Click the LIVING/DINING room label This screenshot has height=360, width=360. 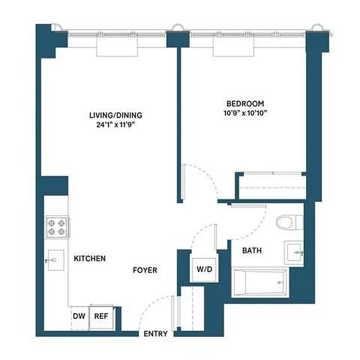tap(116, 115)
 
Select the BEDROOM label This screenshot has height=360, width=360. tap(245, 104)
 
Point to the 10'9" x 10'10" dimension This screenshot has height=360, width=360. tap(245, 113)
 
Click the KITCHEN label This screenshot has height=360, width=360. tap(90, 258)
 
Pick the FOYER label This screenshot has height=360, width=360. tap(145, 270)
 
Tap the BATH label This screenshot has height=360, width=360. tap(252, 251)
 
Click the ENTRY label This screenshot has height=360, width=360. tap(156, 333)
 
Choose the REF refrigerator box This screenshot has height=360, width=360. tap(101, 316)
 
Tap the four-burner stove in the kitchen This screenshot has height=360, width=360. tap(57, 227)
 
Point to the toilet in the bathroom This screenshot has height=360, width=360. tap(288, 222)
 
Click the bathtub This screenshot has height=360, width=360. tap(260, 283)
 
